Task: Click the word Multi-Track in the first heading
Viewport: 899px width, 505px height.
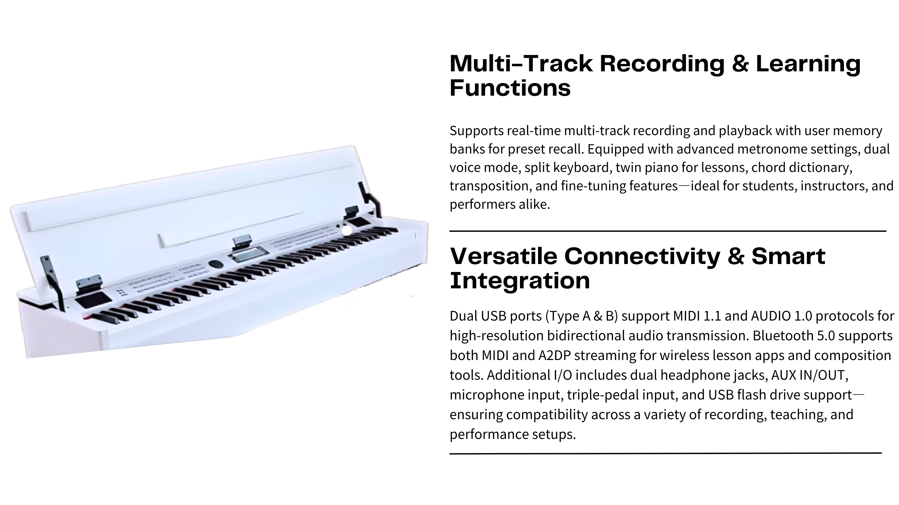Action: coord(521,64)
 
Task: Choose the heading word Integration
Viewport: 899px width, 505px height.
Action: coord(520,281)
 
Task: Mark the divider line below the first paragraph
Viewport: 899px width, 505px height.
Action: coord(668,231)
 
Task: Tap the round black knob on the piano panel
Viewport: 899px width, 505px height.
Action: coord(216,264)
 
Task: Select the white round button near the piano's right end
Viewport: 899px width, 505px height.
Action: coord(346,230)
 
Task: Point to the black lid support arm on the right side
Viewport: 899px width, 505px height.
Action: coord(370,199)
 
